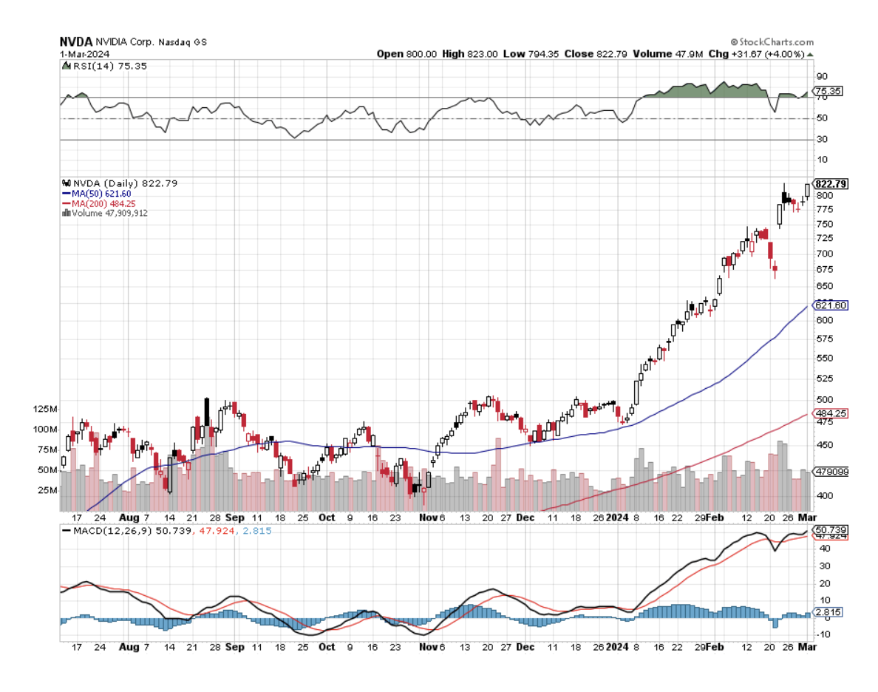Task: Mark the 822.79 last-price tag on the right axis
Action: click(830, 183)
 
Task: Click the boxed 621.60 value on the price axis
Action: click(830, 305)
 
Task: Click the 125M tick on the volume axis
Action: click(44, 409)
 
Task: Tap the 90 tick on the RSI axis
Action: click(820, 76)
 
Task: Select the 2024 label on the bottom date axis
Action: click(616, 647)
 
